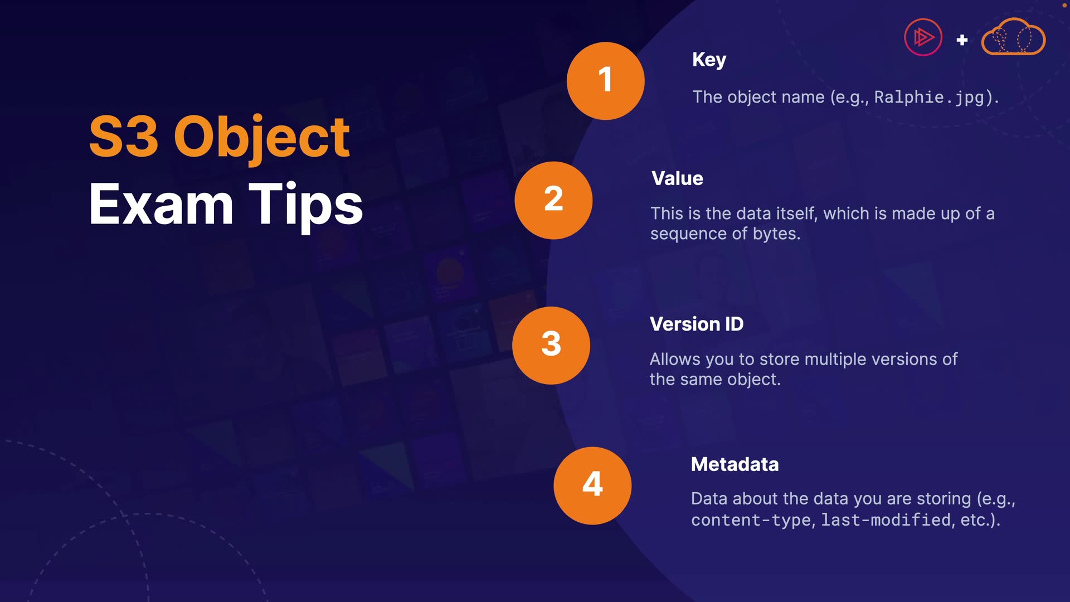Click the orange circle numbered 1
click(606, 81)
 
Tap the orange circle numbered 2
click(553, 200)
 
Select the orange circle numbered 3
click(551, 345)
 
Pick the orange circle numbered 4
click(592, 486)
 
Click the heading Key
click(709, 60)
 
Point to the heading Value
click(677, 178)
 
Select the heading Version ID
click(697, 324)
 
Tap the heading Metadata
click(735, 464)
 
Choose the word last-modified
click(886, 520)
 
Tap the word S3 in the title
click(124, 137)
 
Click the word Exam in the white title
click(161, 205)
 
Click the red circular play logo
click(923, 37)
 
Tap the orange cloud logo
click(1013, 37)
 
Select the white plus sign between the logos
click(962, 40)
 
